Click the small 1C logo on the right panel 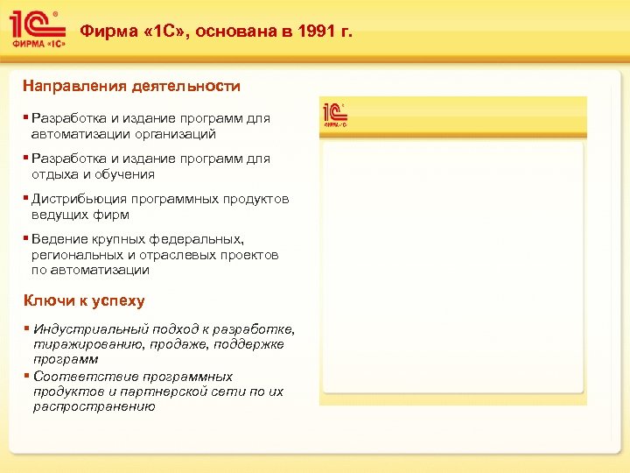pos(335,115)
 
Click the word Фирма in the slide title pos(105,32)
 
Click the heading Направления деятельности pos(132,87)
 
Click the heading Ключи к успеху pos(84,300)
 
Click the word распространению pos(94,406)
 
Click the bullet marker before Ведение pos(26,238)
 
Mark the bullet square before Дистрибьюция pos(26,198)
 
